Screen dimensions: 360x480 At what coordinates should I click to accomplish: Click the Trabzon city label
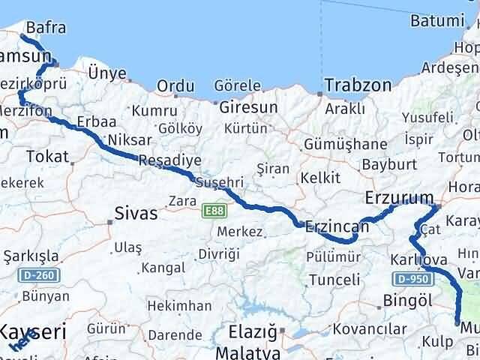(x=358, y=85)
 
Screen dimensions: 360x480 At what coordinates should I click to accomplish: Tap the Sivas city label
(x=136, y=214)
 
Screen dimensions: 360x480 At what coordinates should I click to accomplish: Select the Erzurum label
(x=399, y=199)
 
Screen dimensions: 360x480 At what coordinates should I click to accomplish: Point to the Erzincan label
(x=337, y=226)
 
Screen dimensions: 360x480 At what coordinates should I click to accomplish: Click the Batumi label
(x=437, y=21)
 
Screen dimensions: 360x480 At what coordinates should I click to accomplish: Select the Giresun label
(x=248, y=107)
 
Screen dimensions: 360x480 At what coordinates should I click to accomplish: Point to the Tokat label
(x=46, y=157)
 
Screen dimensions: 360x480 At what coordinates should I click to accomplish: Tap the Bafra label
(x=45, y=28)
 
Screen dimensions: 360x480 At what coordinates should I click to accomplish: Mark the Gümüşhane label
(x=345, y=143)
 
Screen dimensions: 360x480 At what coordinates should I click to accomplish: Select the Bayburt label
(x=388, y=163)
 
